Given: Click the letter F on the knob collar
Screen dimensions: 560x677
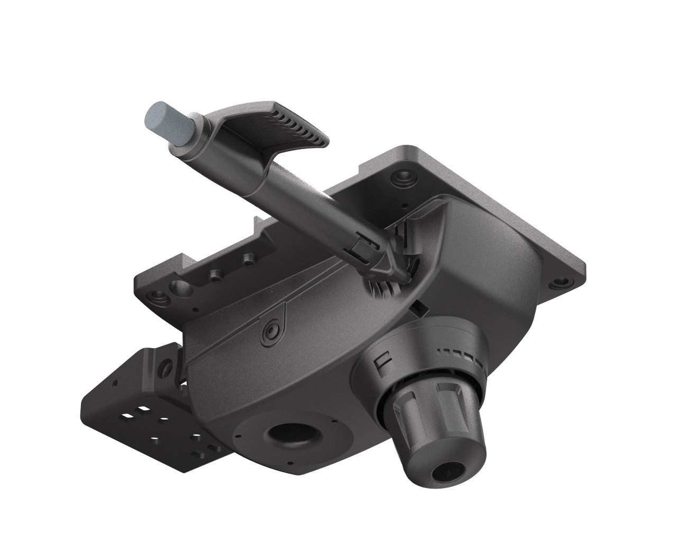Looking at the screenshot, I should (380, 365).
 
